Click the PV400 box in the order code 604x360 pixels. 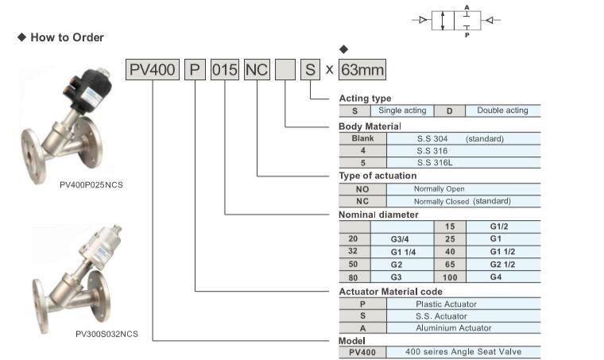(x=152, y=70)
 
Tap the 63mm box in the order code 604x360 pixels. (x=362, y=70)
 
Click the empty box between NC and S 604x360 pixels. (x=285, y=70)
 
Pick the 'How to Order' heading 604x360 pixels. (x=67, y=37)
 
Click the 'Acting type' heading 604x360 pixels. (x=365, y=99)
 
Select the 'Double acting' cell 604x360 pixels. (x=503, y=110)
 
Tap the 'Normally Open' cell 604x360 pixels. (x=439, y=189)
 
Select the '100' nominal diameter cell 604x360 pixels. (x=449, y=277)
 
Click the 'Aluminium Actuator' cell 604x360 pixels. (x=453, y=327)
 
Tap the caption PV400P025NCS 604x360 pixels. (x=91, y=184)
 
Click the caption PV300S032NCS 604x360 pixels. (x=106, y=334)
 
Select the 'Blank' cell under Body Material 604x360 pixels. (x=362, y=138)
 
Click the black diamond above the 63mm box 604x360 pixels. (x=343, y=50)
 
